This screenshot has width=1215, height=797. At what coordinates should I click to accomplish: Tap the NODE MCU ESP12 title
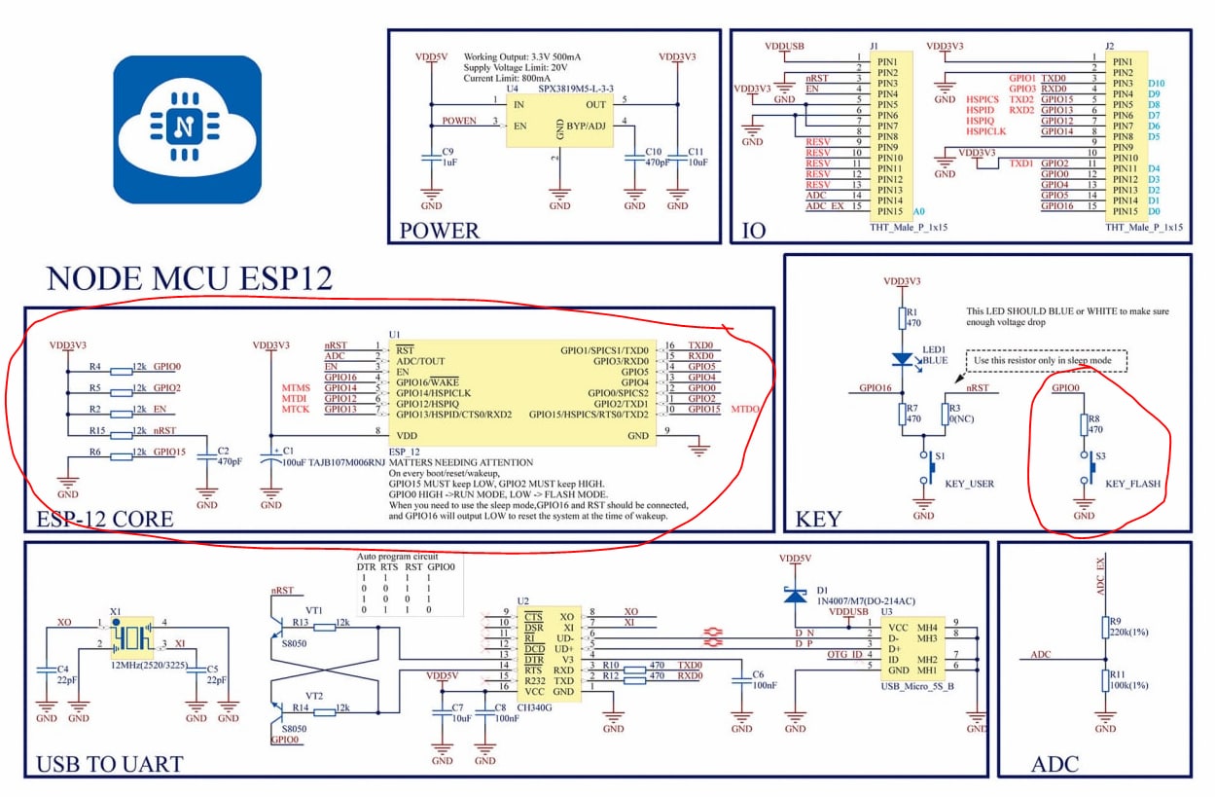190,279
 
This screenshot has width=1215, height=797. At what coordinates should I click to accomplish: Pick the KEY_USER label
970,484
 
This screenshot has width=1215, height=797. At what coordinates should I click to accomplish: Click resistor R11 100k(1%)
1105,678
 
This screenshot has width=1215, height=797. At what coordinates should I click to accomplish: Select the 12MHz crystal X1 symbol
130,637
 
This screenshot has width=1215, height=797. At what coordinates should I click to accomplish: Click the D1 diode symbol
796,593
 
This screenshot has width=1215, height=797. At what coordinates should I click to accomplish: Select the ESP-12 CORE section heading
104,519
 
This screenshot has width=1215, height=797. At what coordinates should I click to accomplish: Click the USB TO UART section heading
109,764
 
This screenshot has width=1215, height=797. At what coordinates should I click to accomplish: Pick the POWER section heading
439,231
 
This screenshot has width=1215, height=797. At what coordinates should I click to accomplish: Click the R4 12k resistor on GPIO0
122,370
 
